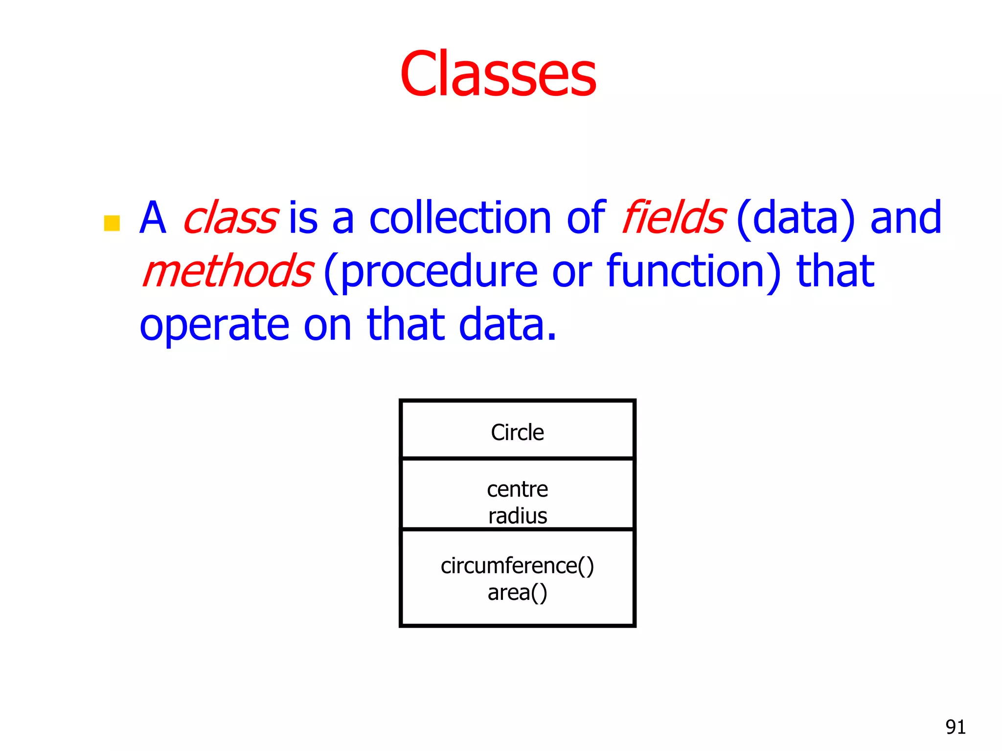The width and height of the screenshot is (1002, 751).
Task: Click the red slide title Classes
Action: (498, 74)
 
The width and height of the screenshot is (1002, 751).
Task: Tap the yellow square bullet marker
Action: (112, 223)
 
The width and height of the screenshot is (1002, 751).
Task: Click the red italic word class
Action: (231, 218)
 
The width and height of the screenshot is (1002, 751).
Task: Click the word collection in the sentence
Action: (460, 218)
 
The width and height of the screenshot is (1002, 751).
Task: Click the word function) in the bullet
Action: (694, 271)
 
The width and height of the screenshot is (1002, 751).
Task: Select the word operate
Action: (214, 326)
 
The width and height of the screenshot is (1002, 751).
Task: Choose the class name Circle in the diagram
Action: (517, 433)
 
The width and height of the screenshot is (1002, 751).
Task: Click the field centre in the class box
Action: (517, 489)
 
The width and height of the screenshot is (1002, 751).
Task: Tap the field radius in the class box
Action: (517, 516)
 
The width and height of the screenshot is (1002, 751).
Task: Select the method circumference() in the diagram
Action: (517, 566)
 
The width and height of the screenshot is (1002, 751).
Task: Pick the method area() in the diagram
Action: (517, 593)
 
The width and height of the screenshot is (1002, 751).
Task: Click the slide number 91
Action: (955, 727)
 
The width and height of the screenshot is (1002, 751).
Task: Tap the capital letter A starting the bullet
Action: (153, 218)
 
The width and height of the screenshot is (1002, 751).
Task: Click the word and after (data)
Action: (906, 218)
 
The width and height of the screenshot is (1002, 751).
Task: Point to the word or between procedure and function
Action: (571, 272)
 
